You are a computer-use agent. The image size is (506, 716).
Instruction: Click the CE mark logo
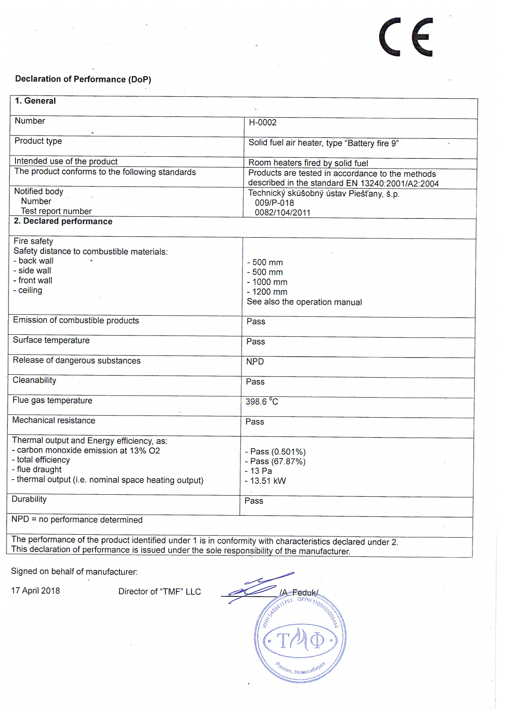click(406, 37)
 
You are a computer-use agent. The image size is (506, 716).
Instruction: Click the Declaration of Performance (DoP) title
click(83, 79)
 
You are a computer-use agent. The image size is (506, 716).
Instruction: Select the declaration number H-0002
click(262, 122)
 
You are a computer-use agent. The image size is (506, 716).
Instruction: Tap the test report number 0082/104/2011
click(282, 213)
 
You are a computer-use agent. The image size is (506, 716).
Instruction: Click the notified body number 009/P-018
click(274, 203)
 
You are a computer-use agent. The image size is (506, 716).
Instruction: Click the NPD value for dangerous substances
click(255, 362)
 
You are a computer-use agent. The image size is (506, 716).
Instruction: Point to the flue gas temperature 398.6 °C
click(262, 402)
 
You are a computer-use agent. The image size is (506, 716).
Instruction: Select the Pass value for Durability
click(254, 501)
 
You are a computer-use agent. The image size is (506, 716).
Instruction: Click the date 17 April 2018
click(36, 591)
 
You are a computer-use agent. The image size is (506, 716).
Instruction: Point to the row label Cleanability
click(34, 380)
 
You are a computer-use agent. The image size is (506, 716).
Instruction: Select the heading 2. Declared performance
click(63, 221)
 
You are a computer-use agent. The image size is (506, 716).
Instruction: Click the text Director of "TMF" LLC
click(160, 591)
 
